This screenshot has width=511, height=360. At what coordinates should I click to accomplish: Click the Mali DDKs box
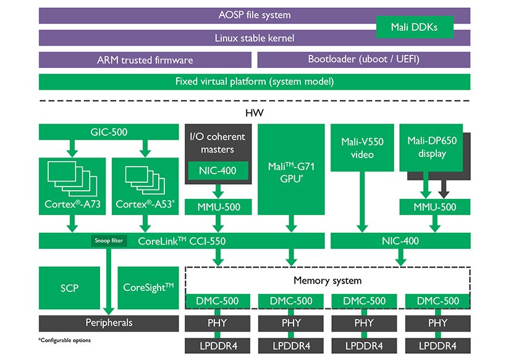[414, 27]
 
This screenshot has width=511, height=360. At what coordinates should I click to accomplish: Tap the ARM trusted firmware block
[145, 60]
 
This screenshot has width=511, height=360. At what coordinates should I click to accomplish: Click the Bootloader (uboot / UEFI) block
[363, 60]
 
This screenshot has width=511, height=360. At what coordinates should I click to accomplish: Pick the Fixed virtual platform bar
[255, 82]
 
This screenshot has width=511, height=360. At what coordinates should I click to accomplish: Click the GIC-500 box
[108, 131]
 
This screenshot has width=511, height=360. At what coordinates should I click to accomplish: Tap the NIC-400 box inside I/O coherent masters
[219, 170]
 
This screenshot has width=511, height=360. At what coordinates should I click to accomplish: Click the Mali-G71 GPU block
[290, 170]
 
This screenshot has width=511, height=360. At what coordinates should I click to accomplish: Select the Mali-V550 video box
[362, 148]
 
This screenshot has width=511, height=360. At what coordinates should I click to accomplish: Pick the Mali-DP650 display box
[431, 147]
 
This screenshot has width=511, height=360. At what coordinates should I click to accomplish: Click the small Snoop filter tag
[108, 241]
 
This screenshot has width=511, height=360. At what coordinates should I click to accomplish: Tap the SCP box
[69, 288]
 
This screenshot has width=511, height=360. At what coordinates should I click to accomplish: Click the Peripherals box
[108, 322]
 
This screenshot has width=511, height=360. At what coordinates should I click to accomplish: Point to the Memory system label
[327, 280]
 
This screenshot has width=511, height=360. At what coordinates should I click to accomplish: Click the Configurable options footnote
[64, 340]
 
